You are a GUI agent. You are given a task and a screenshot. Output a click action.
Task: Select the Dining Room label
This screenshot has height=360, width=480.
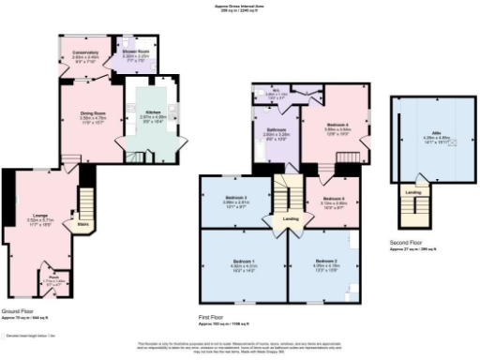(x=92, y=115)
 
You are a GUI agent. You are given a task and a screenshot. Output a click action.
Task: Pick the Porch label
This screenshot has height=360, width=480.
(x=53, y=277)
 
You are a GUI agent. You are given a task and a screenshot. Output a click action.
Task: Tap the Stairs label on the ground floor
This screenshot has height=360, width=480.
(x=82, y=224)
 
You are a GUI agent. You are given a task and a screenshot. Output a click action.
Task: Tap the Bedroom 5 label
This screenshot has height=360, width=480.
(x=336, y=200)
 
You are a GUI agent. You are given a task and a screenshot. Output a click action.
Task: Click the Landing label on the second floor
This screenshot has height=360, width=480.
(x=412, y=192)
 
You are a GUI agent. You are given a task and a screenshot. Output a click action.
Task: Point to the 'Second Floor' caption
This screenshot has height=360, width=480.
(x=405, y=243)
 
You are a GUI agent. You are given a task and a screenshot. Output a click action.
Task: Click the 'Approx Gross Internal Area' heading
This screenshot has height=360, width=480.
(x=240, y=6)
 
